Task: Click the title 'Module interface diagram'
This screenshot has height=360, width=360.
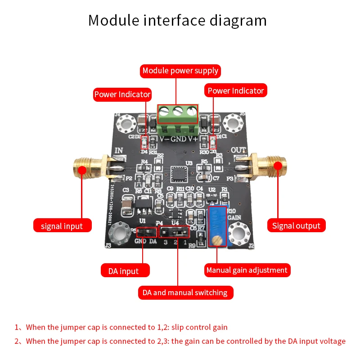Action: (177, 21)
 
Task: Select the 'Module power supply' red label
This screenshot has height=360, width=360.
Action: (180, 71)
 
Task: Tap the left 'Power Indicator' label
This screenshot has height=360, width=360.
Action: (122, 94)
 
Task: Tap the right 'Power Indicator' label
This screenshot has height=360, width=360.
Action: (236, 90)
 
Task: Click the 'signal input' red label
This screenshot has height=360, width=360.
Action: (62, 225)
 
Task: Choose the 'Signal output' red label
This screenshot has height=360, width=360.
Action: (296, 225)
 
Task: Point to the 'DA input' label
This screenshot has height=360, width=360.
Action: (123, 271)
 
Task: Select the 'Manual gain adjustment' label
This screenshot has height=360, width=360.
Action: (247, 270)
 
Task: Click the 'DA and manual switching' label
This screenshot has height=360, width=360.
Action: (184, 292)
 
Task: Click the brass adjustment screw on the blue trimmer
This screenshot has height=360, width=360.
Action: (216, 242)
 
